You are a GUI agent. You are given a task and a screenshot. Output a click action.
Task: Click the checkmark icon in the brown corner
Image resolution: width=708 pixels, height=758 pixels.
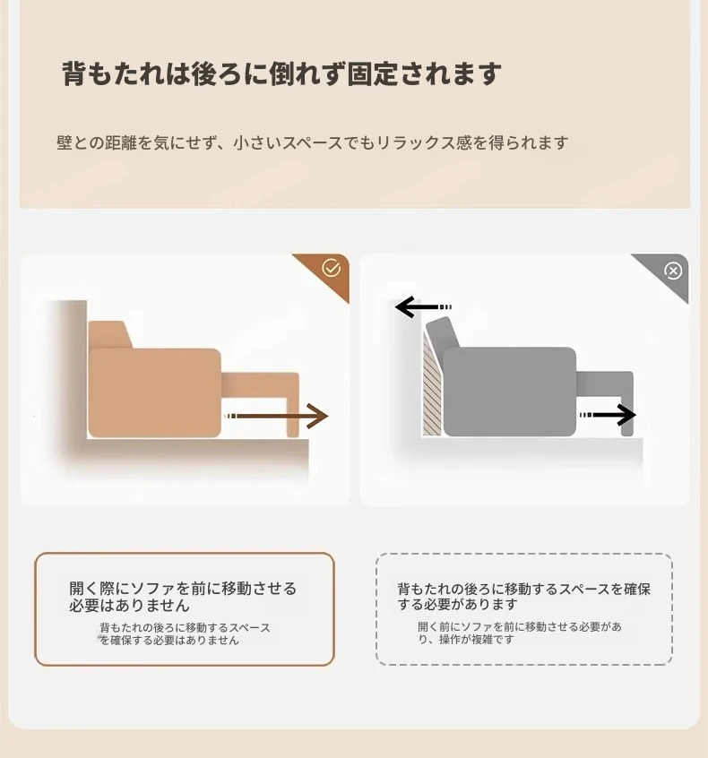coord(332,268)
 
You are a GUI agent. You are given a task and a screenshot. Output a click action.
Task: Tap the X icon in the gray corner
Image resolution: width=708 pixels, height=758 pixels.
coord(673,271)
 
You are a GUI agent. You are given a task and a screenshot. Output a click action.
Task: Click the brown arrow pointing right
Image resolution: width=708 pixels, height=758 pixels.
coord(277,416)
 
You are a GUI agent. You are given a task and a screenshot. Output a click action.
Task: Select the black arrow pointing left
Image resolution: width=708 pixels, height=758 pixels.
coord(423,307)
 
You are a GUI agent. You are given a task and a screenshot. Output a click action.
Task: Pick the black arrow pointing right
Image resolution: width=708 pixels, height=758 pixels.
coord(608,415)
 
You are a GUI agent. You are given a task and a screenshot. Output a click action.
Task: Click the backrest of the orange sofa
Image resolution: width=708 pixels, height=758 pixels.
coord(109,334)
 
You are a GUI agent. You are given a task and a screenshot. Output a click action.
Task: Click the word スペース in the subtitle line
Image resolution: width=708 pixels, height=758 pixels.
coord(312,143)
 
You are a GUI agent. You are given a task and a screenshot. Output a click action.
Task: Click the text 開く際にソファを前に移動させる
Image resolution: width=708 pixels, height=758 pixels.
coord(183,589)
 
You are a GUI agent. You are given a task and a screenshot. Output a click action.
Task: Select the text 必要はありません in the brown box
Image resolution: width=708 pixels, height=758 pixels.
coord(129,606)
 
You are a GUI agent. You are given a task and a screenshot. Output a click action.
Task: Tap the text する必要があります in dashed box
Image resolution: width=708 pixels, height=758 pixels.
coord(457,604)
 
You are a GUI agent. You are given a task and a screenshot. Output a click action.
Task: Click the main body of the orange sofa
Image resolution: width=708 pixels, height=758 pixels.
coord(155,392)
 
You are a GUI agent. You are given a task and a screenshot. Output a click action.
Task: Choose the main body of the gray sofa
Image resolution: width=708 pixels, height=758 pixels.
coord(510,392)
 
